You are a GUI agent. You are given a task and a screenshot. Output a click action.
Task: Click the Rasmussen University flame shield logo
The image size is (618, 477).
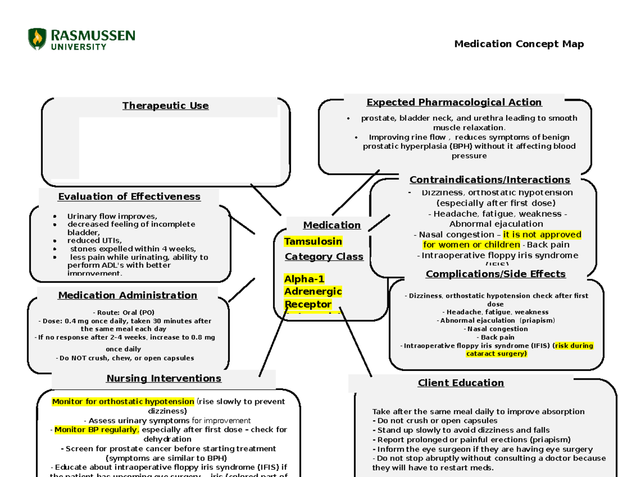(x=37, y=39)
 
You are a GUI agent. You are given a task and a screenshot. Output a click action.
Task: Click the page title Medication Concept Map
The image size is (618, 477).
(x=519, y=44)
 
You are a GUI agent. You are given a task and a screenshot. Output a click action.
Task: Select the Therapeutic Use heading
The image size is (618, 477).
(x=165, y=106)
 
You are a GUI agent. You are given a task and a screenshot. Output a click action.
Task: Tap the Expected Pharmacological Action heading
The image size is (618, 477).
(x=454, y=102)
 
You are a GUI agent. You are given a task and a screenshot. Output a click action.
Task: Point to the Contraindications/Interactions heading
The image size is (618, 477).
(x=489, y=180)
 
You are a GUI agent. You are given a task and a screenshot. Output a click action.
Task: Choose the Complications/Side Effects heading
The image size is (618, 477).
(x=495, y=274)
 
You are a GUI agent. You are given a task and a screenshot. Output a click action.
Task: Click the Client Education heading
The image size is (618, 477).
(x=460, y=383)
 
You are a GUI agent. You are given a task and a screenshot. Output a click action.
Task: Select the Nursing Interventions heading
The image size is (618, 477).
(x=164, y=378)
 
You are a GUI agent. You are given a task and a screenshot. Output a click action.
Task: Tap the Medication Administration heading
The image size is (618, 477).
(x=127, y=295)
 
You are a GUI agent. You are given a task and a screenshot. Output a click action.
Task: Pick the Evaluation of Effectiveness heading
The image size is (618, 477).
(x=129, y=197)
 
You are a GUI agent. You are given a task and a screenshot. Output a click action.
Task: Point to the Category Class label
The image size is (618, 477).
(x=324, y=256)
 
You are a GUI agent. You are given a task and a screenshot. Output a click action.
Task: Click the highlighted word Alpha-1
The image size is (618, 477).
(x=304, y=279)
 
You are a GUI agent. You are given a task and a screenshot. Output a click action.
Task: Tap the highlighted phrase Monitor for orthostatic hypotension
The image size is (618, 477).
(x=123, y=401)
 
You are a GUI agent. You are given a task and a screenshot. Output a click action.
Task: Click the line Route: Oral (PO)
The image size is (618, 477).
(x=124, y=312)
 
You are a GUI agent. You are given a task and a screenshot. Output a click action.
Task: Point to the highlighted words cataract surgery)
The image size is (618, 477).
(x=496, y=354)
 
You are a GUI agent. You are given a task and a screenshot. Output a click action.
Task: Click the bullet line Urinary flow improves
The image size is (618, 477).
(x=112, y=216)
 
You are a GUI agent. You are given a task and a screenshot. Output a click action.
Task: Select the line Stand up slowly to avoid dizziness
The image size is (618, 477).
(x=463, y=430)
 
